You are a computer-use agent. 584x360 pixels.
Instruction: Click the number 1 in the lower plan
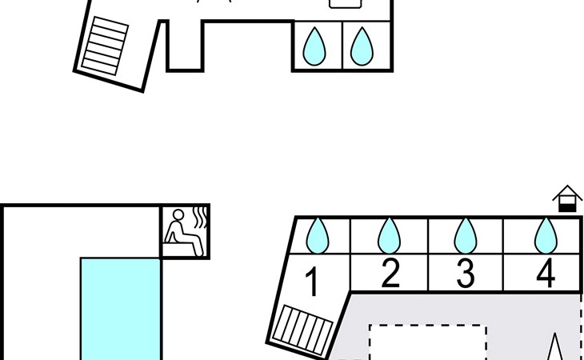[312, 282]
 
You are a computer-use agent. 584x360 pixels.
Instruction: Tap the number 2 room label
[390, 274]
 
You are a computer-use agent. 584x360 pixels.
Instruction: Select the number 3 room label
[466, 274]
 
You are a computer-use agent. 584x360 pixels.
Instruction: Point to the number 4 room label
[546, 274]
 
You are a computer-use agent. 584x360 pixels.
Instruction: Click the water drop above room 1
[318, 236]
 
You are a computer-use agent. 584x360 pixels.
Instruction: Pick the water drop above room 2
[390, 236]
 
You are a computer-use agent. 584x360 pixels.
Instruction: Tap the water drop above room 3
[466, 236]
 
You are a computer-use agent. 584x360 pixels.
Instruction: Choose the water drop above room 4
[546, 236]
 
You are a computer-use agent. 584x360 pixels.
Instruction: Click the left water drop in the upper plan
[314, 46]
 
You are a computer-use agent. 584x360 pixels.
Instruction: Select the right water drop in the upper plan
[362, 46]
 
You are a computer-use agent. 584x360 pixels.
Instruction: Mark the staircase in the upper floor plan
[105, 46]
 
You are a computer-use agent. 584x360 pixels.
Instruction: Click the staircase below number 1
[303, 330]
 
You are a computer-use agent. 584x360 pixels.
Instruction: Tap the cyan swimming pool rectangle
[121, 309]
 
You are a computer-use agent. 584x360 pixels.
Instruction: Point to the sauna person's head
[178, 215]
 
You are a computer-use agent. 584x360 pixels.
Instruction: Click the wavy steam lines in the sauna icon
[200, 218]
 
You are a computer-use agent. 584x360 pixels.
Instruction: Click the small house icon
[567, 198]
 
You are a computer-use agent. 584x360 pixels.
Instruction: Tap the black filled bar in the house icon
[567, 208]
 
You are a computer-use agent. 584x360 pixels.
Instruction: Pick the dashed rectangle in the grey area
[428, 326]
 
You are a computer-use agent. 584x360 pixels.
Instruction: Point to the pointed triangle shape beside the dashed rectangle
[554, 348]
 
